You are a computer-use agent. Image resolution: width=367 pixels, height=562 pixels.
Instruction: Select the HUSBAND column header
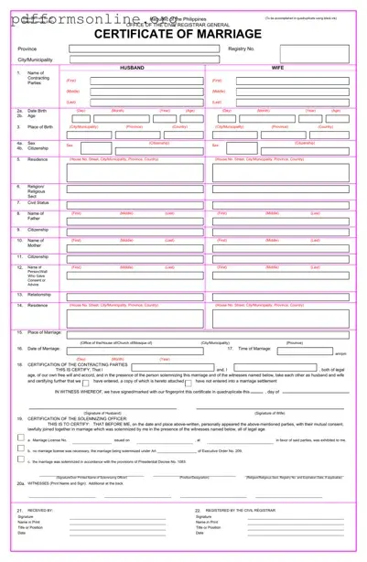tap(133, 68)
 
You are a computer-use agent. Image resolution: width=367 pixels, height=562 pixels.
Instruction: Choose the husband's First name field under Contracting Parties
tap(134, 80)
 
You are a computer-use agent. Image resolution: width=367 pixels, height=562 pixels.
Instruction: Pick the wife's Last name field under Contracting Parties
tap(279, 102)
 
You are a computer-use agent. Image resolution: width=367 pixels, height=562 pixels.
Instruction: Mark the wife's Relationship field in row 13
tap(279, 295)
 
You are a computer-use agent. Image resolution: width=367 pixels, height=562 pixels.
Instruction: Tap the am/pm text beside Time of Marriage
tap(340, 353)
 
